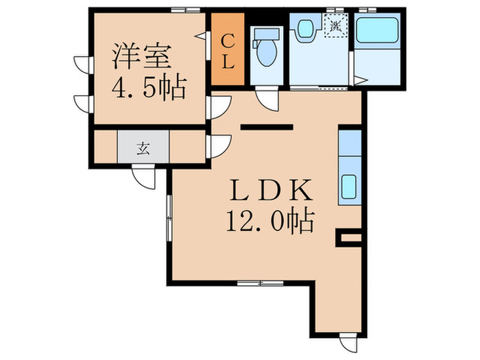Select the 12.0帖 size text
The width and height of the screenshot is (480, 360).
(269, 221)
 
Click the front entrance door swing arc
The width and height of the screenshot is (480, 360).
(145, 176)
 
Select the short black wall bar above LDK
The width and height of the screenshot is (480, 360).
(267, 126)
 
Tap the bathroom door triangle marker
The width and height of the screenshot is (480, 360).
(363, 81)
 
